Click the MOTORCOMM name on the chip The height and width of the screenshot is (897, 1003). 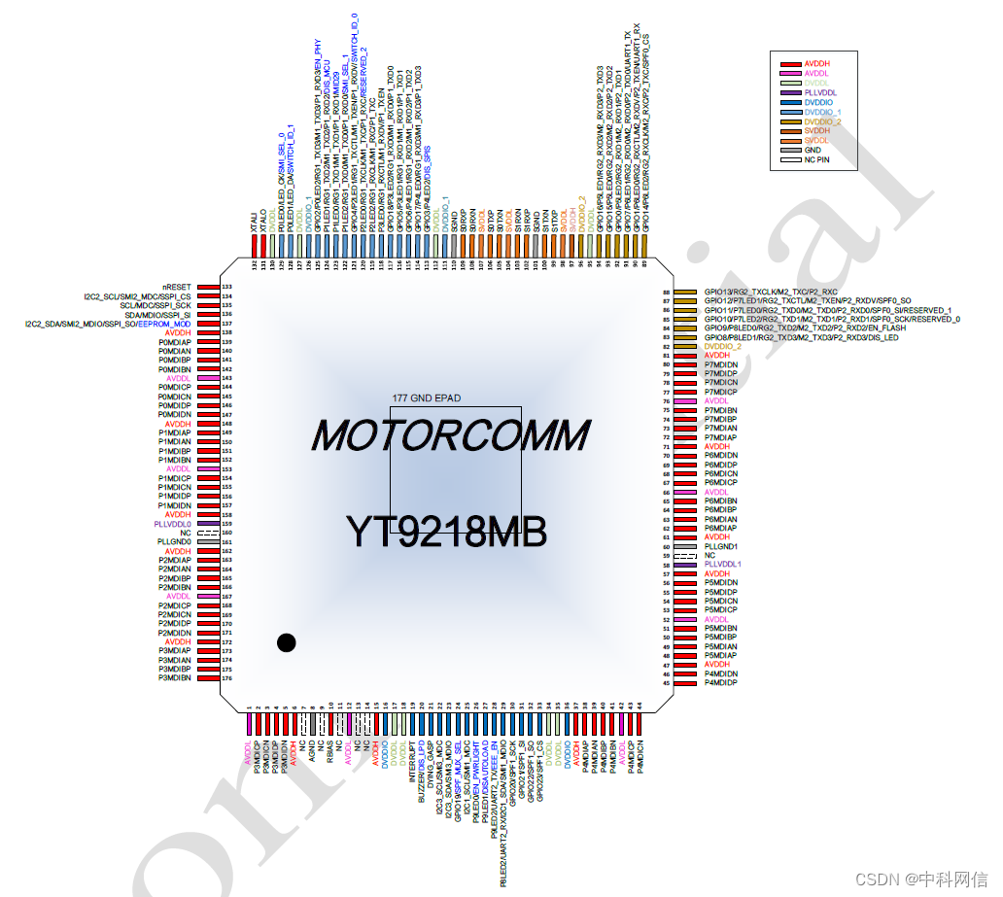(x=451, y=435)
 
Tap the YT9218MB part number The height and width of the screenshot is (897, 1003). (x=446, y=531)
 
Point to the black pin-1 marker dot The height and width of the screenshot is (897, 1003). (x=286, y=641)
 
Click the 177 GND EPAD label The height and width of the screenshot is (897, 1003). (x=426, y=398)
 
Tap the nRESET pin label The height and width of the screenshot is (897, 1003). (x=178, y=288)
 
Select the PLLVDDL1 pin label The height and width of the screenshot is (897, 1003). (x=722, y=565)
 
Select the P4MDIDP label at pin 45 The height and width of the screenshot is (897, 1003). (x=720, y=683)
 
